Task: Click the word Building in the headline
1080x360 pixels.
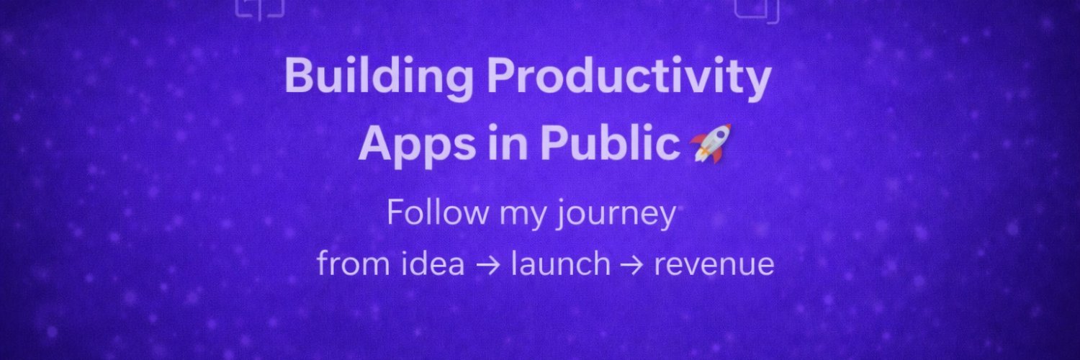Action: click(x=379, y=78)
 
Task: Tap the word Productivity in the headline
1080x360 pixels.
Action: click(x=629, y=78)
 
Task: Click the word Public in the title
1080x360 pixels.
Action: click(x=610, y=143)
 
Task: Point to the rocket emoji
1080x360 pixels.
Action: click(x=710, y=143)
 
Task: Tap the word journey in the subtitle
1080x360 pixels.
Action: click(x=616, y=215)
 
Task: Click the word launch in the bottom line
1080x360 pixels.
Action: click(x=561, y=263)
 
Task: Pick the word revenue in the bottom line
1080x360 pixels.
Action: click(x=714, y=264)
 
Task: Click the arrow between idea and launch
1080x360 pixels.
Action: click(x=487, y=266)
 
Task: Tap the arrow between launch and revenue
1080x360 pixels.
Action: click(x=631, y=266)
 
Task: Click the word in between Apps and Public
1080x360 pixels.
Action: click(x=508, y=143)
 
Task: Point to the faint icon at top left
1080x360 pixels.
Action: click(x=260, y=9)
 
